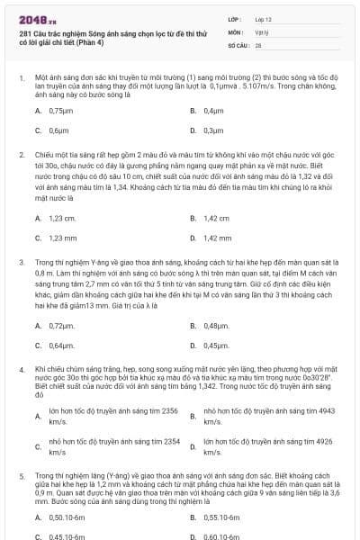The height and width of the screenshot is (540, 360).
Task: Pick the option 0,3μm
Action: pos(212,130)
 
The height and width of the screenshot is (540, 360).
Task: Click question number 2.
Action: pos(21,154)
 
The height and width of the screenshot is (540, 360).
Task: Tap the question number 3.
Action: pos(21,261)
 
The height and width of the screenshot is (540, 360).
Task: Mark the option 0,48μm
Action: pos(215,325)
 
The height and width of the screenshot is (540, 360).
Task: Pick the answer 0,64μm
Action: pos(61,345)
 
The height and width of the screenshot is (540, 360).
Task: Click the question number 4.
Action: pos(21,369)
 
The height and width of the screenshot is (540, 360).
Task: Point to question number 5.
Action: pos(21,472)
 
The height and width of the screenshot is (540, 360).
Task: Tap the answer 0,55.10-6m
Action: pos(223,517)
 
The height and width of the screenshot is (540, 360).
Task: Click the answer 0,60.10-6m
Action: pos(223,536)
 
